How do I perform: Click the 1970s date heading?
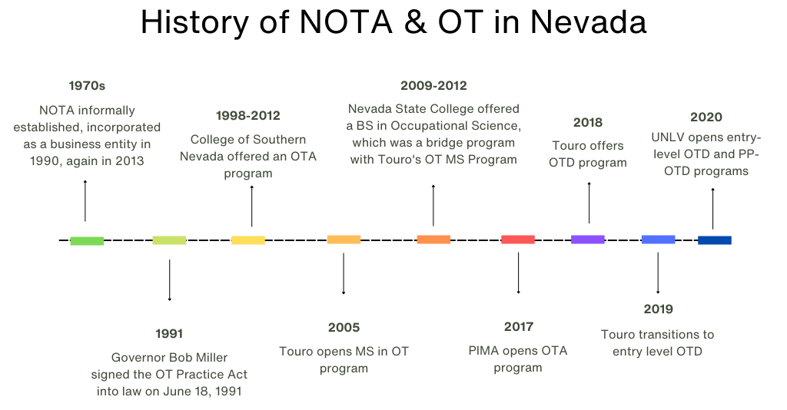pos(87,86)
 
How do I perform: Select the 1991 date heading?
pos(169,333)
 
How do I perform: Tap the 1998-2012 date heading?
pos(247,116)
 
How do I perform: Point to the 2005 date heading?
pos(344,328)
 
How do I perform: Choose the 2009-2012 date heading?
pos(433,86)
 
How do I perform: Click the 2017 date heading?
pos(518,327)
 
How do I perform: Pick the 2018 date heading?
pos(588,122)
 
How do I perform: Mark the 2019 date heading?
pos(658,309)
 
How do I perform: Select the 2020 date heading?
pos(706,117)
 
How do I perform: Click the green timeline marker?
pos(87,241)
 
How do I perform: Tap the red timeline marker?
pos(518,240)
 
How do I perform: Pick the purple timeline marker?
pos(588,240)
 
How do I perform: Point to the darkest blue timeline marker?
pos(715,240)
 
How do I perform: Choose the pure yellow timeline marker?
pos(248,240)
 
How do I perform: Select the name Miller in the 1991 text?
pos(211,358)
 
